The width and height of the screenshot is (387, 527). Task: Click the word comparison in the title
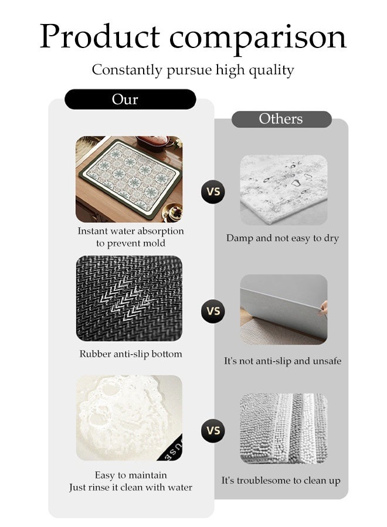259,38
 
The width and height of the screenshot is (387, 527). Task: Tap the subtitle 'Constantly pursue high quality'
193,70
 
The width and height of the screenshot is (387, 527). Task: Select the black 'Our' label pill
130,99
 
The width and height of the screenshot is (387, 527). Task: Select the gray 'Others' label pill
281,119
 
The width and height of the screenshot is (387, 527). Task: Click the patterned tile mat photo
129,179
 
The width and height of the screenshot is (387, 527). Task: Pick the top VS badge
213,191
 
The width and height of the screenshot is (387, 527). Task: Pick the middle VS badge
213,311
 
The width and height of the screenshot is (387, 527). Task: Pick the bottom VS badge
213,431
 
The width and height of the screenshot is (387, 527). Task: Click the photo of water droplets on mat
283,190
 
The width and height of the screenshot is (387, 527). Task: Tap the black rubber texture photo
129,299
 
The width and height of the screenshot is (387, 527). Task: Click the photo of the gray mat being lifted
283,309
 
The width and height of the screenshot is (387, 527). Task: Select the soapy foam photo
129,418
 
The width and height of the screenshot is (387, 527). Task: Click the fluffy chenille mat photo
283,429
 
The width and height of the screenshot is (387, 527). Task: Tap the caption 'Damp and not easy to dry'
283,238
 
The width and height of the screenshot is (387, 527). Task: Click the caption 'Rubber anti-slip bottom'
131,354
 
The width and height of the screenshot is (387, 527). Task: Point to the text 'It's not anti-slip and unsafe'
283,361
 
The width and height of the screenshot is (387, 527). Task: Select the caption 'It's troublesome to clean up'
281,481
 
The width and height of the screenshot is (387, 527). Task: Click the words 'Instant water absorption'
131,231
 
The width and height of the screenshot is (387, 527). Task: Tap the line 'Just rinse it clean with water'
130,487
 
